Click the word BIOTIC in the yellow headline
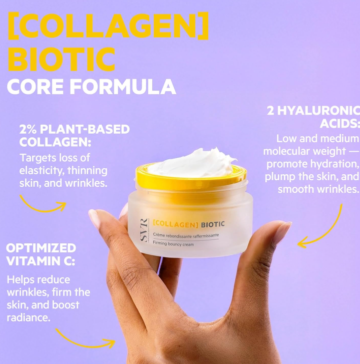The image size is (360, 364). pos(62,59)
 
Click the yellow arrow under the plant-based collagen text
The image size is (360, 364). pos(43,204)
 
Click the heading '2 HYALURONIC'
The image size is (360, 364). pos(313,111)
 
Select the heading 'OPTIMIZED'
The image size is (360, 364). pos(41,248)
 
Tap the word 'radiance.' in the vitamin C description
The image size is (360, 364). pos(29,317)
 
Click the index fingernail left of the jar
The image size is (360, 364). pos(95,218)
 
